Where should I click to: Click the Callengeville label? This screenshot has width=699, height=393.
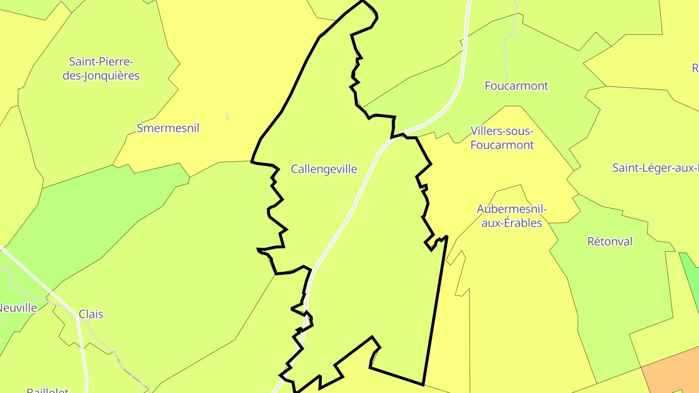(x=324, y=169)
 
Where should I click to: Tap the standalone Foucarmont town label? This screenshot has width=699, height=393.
(x=516, y=86)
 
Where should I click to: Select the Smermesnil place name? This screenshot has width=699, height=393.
(x=168, y=128)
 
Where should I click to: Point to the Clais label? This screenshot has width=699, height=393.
(x=91, y=314)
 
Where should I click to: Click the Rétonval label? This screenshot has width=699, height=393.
(x=610, y=242)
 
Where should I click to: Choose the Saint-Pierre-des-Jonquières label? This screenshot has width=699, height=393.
(x=101, y=69)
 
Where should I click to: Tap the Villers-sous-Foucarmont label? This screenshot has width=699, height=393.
(x=502, y=138)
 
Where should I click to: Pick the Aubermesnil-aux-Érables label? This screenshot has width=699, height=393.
(x=512, y=216)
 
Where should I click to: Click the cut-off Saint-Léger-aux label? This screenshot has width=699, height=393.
(x=655, y=168)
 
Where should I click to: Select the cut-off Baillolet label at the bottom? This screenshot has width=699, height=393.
(x=48, y=390)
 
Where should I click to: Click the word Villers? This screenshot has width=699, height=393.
(x=487, y=131)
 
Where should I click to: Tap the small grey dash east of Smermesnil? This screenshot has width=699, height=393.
(x=227, y=117)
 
